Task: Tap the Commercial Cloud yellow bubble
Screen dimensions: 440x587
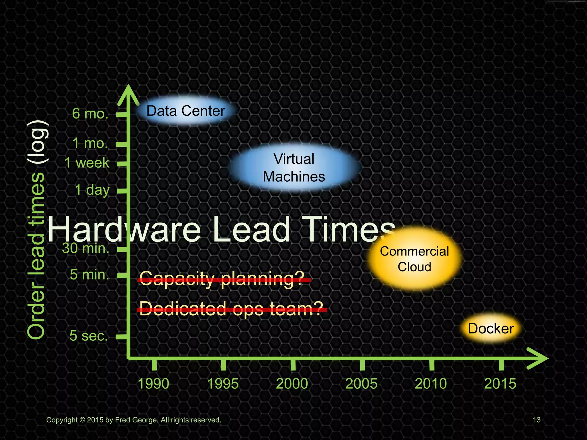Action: [414, 259]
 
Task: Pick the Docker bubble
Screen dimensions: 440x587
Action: [491, 329]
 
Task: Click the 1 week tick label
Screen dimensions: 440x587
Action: [87, 163]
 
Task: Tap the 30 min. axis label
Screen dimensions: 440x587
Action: [86, 248]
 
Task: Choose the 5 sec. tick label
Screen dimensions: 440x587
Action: [89, 335]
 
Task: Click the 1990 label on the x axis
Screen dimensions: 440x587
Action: [153, 384]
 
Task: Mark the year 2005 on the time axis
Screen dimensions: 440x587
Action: [361, 384]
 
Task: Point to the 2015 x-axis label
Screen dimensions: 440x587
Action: [500, 384]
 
